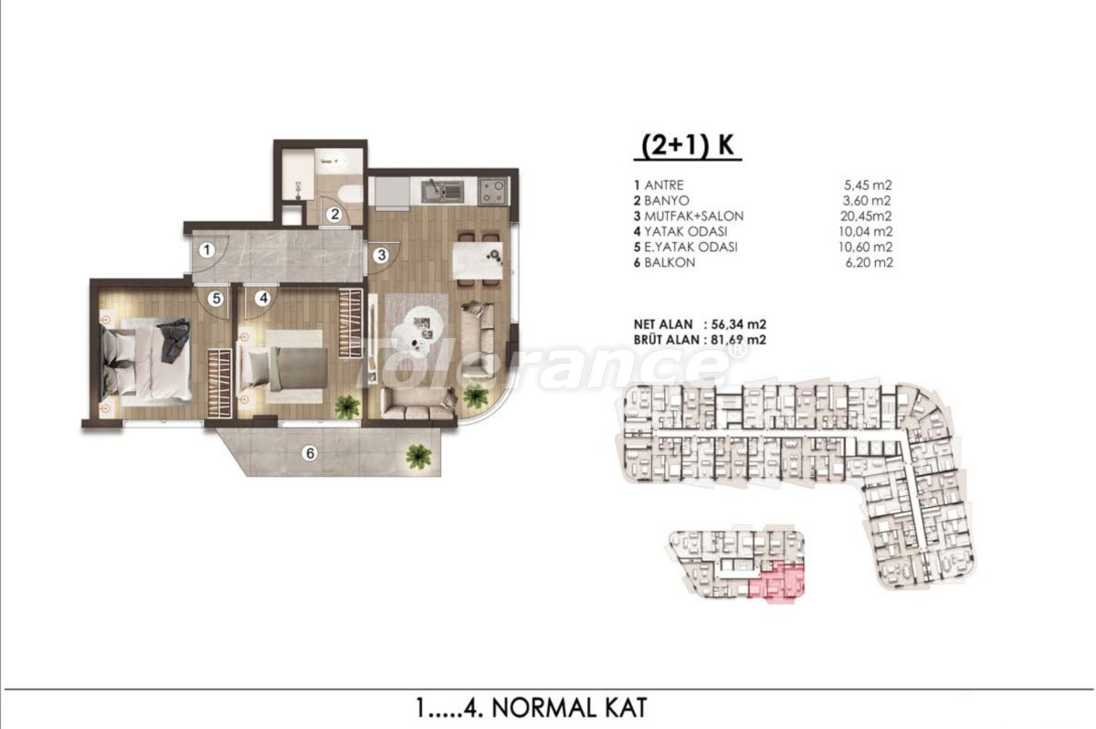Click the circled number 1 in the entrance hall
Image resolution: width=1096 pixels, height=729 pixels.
(207, 250)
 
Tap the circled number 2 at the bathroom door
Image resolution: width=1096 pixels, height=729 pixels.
(335, 215)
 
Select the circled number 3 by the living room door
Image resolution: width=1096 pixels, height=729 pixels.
(382, 255)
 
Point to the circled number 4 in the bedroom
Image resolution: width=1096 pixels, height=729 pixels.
(263, 298)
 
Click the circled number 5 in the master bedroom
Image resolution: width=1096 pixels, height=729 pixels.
(216, 298)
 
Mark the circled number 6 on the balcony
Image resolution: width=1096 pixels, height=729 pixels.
(310, 453)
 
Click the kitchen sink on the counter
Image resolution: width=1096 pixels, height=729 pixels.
(443, 191)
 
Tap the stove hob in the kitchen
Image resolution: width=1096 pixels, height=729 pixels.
(493, 191)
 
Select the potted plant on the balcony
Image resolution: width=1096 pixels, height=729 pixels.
(418, 456)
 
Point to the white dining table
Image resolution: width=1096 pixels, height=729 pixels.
(478, 259)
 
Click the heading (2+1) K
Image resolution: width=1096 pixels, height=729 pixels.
(688, 146)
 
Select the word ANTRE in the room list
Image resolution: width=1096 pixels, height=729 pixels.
(664, 185)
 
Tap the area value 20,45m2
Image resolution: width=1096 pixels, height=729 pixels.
(866, 216)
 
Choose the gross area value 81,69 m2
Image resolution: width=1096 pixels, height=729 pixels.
(738, 340)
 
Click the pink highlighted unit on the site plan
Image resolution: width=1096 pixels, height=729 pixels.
(777, 582)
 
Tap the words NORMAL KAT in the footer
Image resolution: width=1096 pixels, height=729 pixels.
(569, 707)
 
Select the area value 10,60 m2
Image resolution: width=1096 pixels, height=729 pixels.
(866, 247)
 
